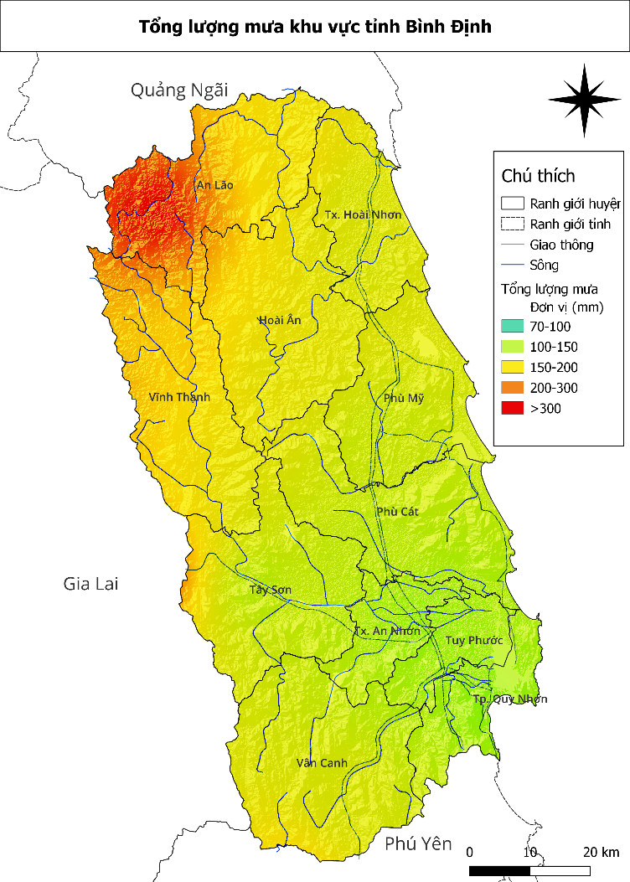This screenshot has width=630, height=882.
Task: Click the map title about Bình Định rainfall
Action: [315, 27]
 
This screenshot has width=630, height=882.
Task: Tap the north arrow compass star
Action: [586, 101]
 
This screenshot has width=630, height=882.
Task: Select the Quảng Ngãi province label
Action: [179, 90]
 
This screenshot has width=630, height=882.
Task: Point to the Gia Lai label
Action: [90, 583]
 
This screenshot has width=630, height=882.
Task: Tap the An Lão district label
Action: [214, 185]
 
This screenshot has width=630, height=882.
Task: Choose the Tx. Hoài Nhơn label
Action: [363, 214]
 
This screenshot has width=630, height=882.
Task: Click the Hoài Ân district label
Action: [279, 320]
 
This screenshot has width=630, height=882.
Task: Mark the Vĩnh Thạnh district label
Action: [179, 397]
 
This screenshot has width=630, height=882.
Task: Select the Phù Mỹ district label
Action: [404, 398]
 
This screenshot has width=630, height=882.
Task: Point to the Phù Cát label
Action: [398, 511]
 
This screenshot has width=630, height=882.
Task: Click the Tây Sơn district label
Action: [271, 590]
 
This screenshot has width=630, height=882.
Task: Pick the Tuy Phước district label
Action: [473, 640]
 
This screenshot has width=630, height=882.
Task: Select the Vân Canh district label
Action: [322, 763]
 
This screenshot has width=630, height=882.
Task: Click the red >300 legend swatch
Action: [513, 408]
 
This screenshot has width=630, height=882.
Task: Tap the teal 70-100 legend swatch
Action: [513, 327]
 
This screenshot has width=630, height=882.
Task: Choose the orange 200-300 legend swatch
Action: [513, 388]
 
